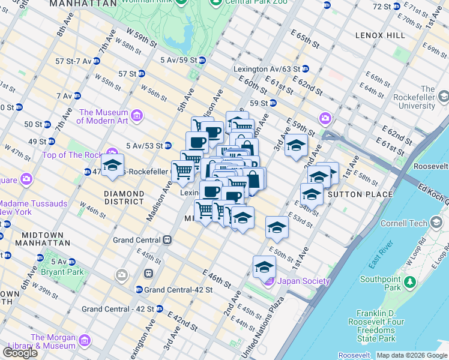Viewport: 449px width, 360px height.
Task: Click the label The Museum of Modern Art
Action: pos(103,116)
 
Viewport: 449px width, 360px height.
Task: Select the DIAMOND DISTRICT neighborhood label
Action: pos(124,199)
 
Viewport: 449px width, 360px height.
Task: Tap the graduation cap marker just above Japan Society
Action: pos(264,267)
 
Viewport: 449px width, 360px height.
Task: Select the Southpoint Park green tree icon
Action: pos(411,281)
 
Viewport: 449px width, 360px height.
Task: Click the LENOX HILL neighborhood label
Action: pos(380,36)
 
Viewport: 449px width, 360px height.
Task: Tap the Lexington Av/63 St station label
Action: pos(267,69)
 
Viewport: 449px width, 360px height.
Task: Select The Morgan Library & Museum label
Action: pos(53,341)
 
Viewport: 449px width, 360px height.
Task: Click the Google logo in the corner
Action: pos(20,352)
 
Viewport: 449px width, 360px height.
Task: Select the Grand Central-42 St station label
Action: pos(178,290)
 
